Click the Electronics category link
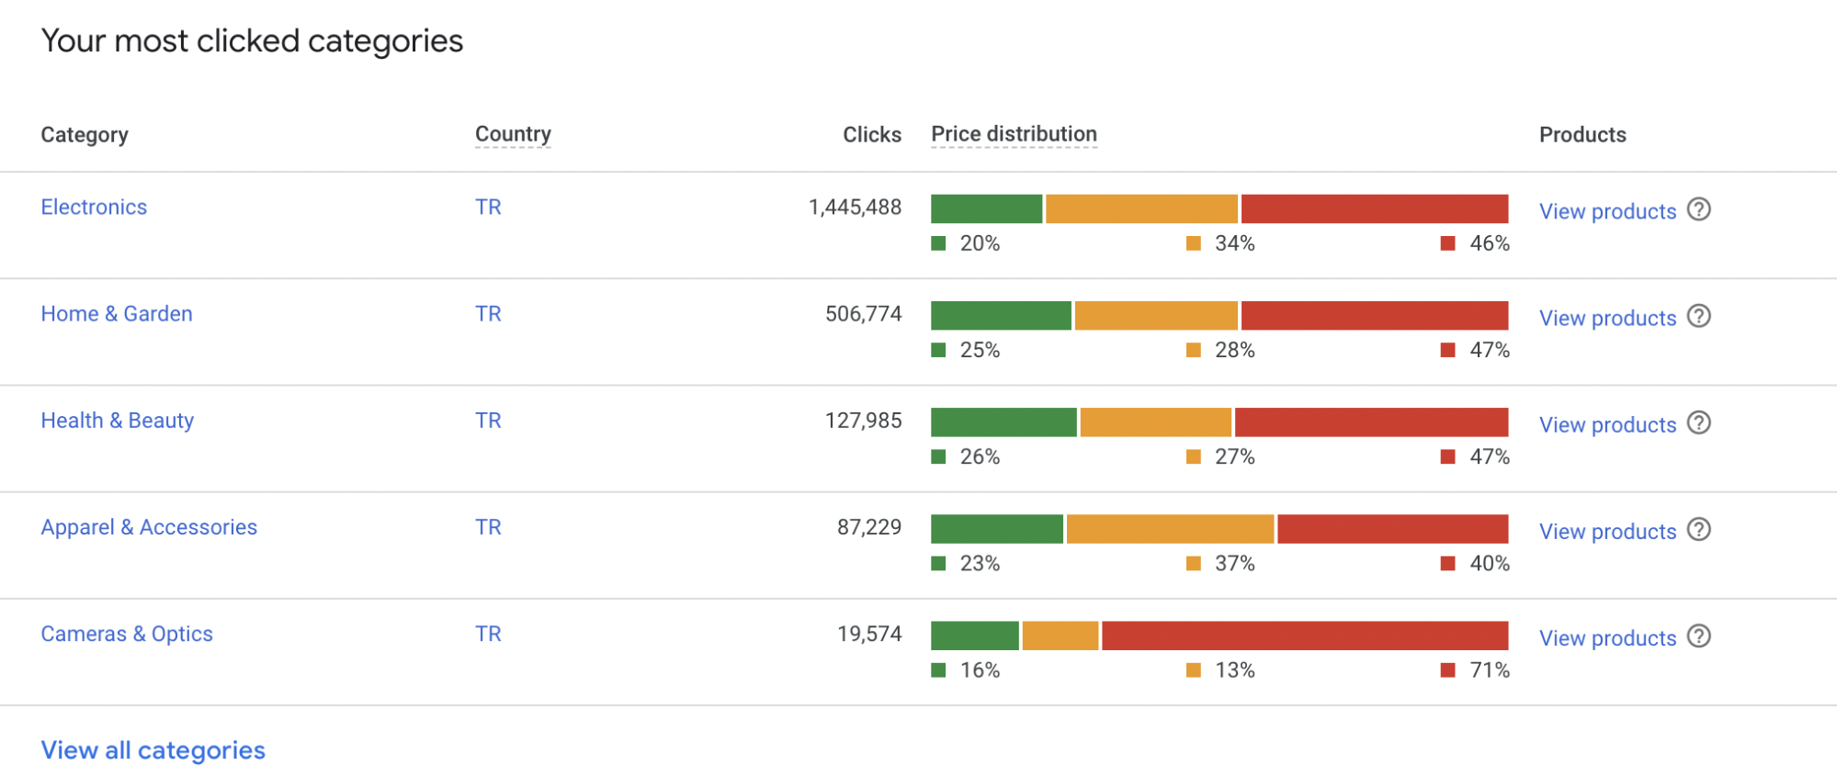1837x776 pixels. click(x=94, y=208)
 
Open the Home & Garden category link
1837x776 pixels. click(x=117, y=314)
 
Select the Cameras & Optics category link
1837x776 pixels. click(x=127, y=635)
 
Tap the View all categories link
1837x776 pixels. click(x=153, y=751)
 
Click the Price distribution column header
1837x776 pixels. click(x=1014, y=135)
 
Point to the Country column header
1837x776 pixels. click(x=513, y=135)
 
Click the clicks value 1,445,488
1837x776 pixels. click(x=855, y=208)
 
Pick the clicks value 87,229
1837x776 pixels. click(x=868, y=527)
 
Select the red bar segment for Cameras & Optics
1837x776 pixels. click(x=1305, y=635)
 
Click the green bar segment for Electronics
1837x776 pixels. click(x=986, y=208)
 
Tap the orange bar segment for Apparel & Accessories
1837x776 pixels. click(x=1170, y=529)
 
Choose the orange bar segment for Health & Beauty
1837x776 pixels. click(x=1155, y=422)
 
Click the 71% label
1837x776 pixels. click(x=1489, y=670)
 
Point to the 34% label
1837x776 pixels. click(x=1234, y=243)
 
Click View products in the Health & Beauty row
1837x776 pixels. click(x=1607, y=425)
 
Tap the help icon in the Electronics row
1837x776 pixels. click(x=1699, y=209)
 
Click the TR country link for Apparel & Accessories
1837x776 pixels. click(x=488, y=527)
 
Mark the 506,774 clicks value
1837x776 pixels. click(x=863, y=314)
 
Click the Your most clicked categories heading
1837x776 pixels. click(x=252, y=41)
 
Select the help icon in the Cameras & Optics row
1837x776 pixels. click(x=1699, y=636)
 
